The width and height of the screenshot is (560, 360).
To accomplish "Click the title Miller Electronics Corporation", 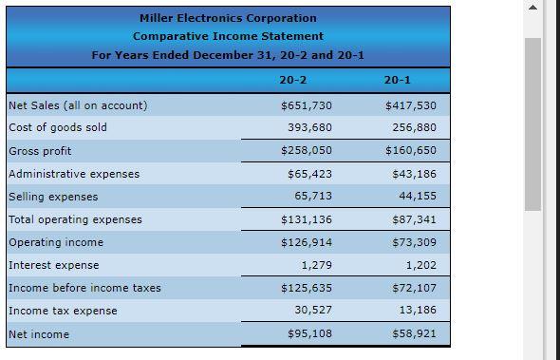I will point(228,18).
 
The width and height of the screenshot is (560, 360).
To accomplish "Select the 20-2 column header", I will point(293,80).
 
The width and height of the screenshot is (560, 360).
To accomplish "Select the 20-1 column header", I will point(398,80).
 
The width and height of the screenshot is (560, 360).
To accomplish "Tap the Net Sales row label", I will point(78,105).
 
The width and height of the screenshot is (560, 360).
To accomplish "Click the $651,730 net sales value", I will point(307,105).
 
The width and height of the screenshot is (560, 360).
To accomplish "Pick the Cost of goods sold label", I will point(58,127).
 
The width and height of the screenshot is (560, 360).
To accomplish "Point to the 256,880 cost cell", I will point(414,127).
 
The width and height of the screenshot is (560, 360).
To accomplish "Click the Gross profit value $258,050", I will point(307,151).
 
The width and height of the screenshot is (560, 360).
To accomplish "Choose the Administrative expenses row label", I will point(74,174).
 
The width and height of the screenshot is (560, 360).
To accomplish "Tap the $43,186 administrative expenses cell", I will point(411,174).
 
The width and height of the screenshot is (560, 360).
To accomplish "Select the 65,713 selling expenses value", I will point(313,197).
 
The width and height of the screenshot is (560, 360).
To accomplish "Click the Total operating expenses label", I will point(75,219).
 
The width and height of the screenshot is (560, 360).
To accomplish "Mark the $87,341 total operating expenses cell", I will point(411,219).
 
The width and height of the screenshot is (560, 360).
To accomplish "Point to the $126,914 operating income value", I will point(307,242).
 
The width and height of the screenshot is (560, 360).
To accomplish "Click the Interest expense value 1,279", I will point(316,265).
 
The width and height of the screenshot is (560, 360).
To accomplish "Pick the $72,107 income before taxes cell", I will point(411,288).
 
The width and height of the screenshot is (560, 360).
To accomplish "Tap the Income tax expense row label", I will point(63,311).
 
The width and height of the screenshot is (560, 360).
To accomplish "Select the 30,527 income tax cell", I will point(313,311).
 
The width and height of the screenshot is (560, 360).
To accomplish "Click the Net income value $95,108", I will point(309,334).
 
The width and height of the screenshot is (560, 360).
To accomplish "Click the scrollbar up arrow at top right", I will point(532,9).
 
